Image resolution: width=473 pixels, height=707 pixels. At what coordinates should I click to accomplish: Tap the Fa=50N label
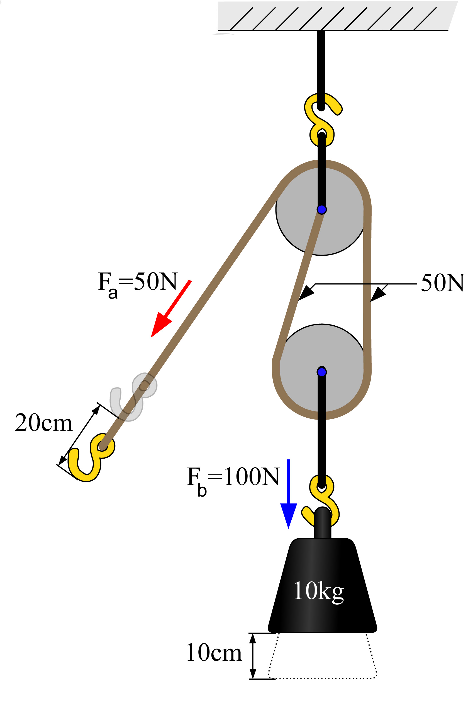[138, 284]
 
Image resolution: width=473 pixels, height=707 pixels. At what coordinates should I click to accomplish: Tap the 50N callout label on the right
[443, 283]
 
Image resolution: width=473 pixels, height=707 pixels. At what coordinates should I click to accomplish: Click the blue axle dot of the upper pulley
[321, 209]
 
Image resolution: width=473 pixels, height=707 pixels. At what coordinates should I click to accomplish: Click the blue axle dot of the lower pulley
[321, 372]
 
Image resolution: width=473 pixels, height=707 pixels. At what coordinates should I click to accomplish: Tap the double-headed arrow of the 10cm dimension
[253, 656]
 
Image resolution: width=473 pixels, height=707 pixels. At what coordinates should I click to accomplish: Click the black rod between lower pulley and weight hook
[321, 429]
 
